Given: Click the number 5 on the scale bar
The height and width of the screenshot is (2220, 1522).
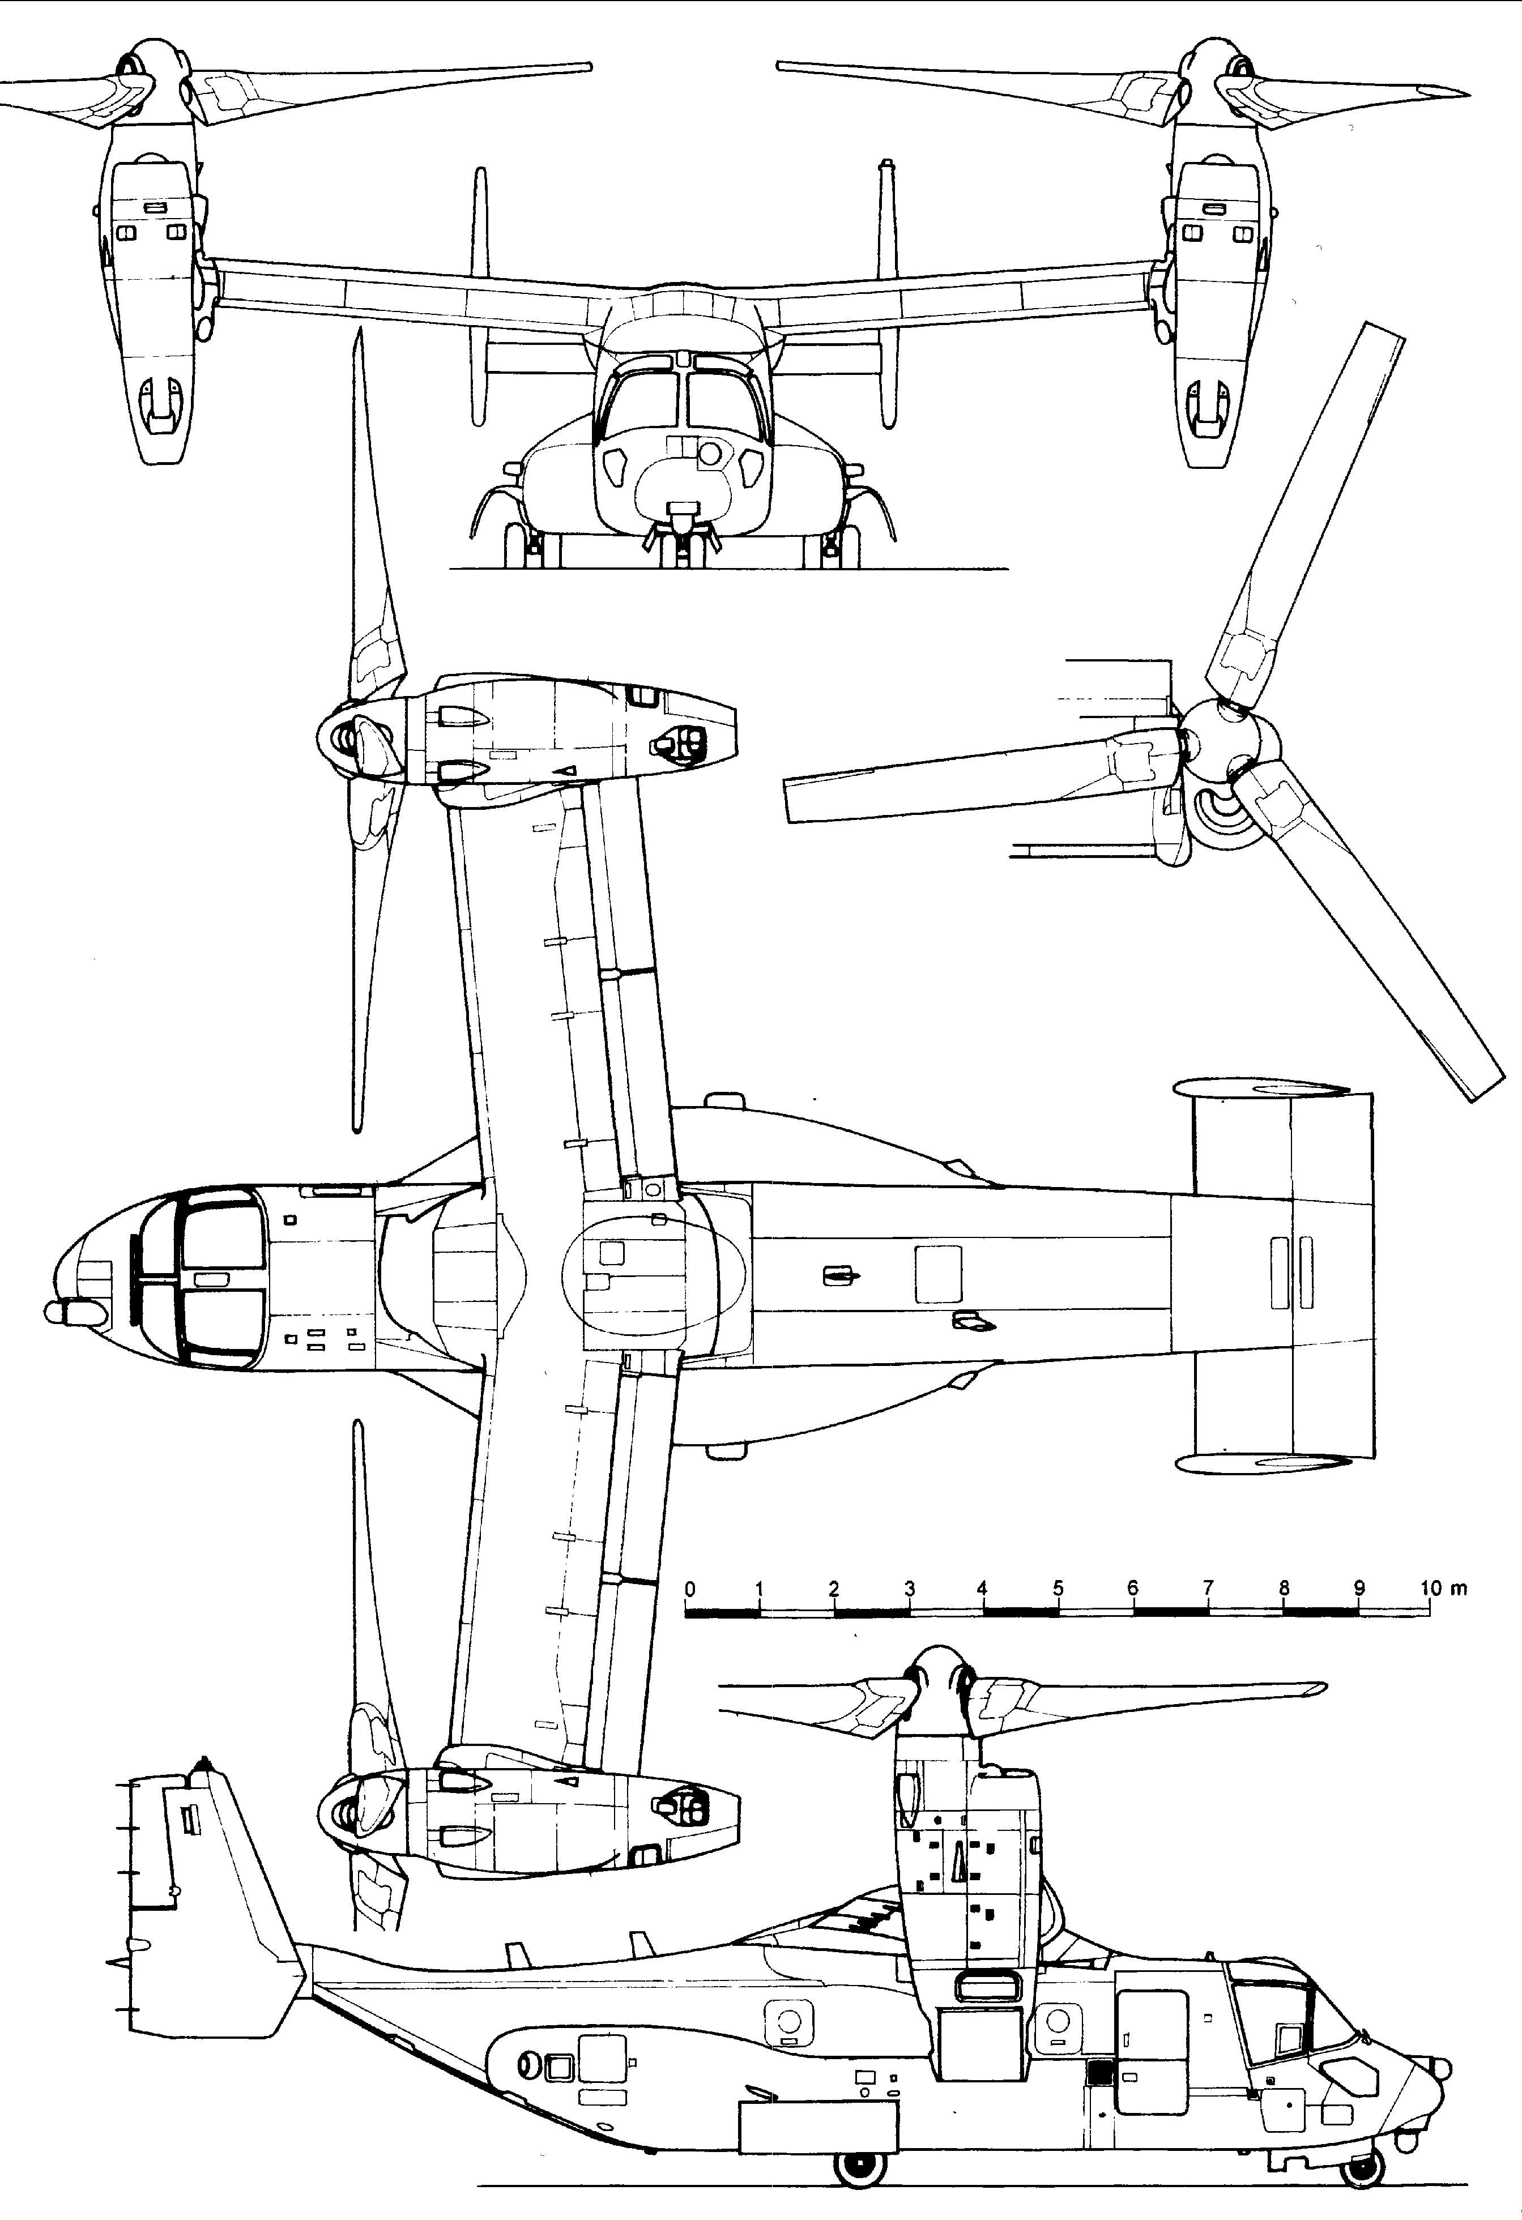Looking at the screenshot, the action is [1058, 1589].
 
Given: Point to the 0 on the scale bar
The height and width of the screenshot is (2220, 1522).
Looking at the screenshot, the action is [690, 1589].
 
